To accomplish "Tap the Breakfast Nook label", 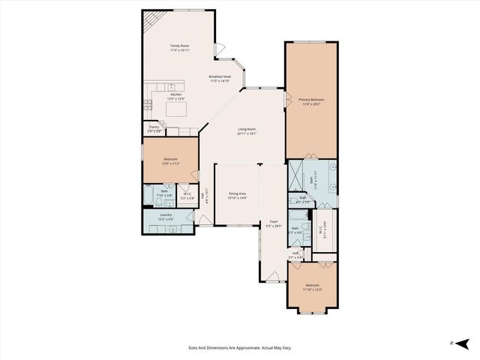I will coord(220,77).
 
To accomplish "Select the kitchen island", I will coord(177,109).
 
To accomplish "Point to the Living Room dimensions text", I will coord(247,134).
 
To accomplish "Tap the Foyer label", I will coord(274,223).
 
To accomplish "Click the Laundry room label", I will coord(166,216).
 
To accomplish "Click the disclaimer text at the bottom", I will coord(240,347).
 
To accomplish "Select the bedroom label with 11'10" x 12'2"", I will coord(312,286).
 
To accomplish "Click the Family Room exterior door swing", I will coord(220,50).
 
